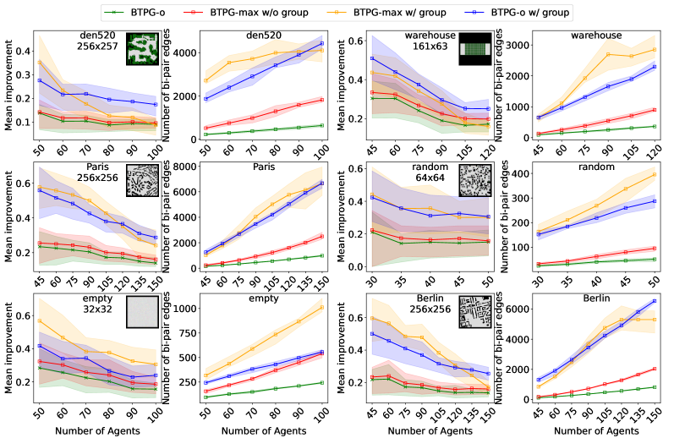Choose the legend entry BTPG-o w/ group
523,12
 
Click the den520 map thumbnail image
142,48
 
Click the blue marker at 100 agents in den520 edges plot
322,43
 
